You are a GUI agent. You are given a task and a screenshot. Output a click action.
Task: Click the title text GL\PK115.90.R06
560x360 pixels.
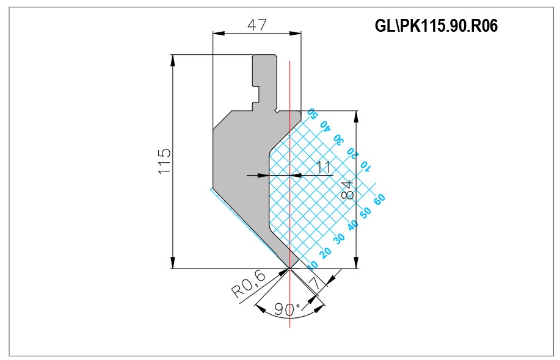(436, 26)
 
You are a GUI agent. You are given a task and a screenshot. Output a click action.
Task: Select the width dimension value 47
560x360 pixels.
(257, 25)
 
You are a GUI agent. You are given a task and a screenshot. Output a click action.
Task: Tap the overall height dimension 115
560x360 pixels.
(165, 161)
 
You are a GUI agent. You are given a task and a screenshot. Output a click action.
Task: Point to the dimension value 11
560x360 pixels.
(324, 167)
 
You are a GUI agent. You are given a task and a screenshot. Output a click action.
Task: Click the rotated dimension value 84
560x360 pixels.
(347, 190)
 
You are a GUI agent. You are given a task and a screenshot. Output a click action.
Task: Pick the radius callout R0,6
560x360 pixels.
(249, 285)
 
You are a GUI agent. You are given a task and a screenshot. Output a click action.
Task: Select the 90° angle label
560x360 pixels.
(288, 309)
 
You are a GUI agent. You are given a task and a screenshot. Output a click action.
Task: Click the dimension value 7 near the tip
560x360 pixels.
(315, 284)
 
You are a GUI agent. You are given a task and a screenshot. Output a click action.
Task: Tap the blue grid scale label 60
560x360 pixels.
(379, 199)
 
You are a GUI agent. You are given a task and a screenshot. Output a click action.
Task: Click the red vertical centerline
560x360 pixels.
(290, 194)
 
